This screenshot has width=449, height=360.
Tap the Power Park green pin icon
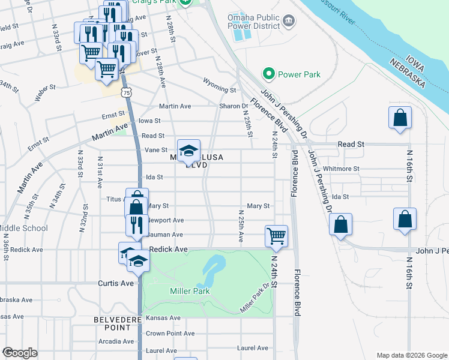(268, 74)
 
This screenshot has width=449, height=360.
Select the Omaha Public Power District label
(254, 22)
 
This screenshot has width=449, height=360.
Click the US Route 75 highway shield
(125, 92)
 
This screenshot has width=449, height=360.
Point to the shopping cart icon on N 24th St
(276, 235)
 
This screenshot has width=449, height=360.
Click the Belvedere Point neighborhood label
(113, 323)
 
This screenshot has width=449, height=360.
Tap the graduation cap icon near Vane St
(188, 150)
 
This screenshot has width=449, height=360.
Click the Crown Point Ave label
(170, 334)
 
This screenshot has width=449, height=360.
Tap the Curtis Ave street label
(116, 283)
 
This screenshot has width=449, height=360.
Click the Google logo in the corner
(20, 353)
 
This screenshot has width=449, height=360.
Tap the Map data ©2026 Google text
(412, 355)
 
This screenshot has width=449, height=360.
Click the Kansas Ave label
(163, 317)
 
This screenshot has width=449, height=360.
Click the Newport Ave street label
(166, 220)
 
